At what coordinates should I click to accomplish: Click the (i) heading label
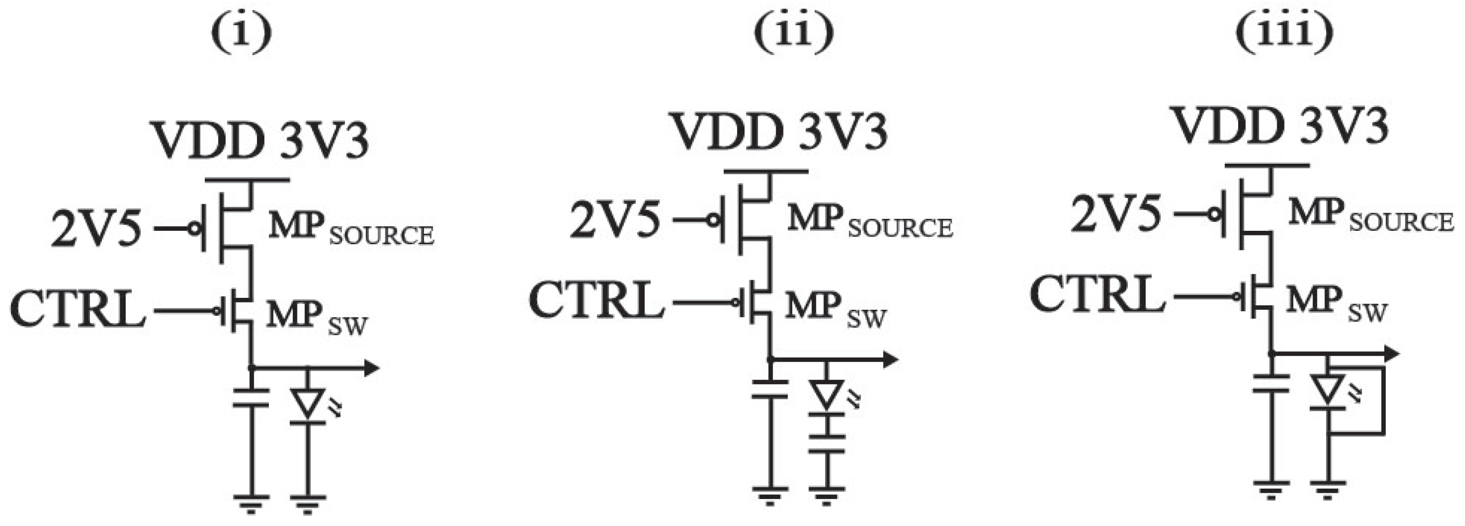pyautogui.click(x=242, y=33)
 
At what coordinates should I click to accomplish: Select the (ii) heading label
pyautogui.click(x=794, y=33)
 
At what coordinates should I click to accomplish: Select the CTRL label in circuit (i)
pyautogui.click(x=78, y=310)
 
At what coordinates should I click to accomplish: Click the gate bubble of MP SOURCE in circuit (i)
pyautogui.click(x=195, y=229)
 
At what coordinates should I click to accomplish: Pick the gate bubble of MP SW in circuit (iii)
pyautogui.click(x=1237, y=296)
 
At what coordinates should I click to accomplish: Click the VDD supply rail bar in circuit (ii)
pyautogui.click(x=766, y=171)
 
